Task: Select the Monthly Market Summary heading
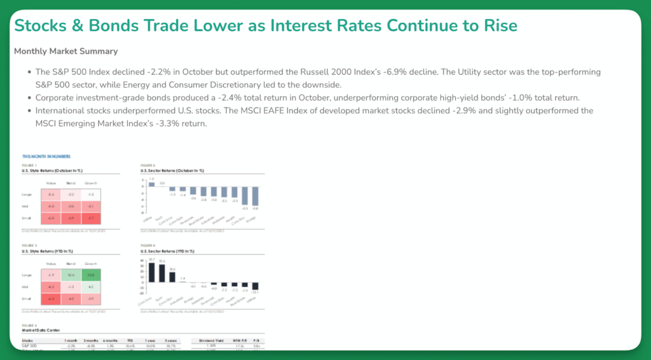[x=65, y=52]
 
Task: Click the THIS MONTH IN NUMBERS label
[x=46, y=156]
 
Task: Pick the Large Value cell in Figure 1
[x=51, y=194]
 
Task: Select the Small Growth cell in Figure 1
[x=91, y=219]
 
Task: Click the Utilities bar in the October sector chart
[x=151, y=184]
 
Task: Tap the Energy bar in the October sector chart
[x=255, y=196]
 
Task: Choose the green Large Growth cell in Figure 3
[x=91, y=275]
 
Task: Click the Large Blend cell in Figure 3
[x=71, y=275]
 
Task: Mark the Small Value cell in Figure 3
[x=51, y=298]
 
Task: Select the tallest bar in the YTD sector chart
[x=151, y=272]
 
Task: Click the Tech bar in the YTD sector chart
[x=161, y=273]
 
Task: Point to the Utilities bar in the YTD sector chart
[x=255, y=286]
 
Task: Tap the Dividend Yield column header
[x=209, y=340]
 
